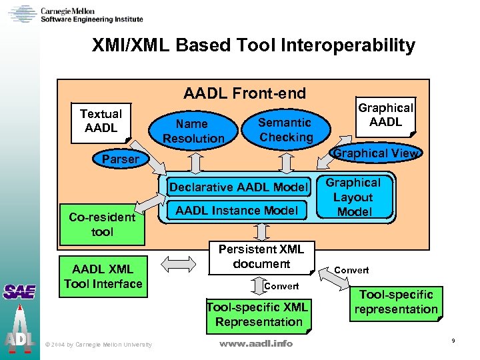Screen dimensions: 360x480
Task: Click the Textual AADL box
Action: point(101,121)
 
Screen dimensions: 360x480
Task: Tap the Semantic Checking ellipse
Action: point(285,130)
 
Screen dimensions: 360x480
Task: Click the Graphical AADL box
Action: point(385,115)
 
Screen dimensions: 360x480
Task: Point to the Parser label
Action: point(121,159)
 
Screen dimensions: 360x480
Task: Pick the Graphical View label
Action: point(376,153)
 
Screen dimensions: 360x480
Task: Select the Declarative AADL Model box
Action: point(239,187)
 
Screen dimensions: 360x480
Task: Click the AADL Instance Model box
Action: point(237,211)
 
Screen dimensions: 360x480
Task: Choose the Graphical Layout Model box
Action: point(353,197)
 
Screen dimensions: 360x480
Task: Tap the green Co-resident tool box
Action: point(102,225)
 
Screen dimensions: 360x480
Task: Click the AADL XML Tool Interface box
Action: point(103,277)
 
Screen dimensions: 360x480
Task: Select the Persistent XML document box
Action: point(261,257)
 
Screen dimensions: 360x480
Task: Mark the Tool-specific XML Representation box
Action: point(258,315)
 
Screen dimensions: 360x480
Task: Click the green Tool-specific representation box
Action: point(396,302)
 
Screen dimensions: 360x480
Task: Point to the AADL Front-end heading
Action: point(244,93)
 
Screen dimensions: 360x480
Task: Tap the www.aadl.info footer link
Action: point(256,344)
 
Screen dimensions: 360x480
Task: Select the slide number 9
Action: point(453,341)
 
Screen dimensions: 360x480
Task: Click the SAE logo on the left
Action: point(19,291)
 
